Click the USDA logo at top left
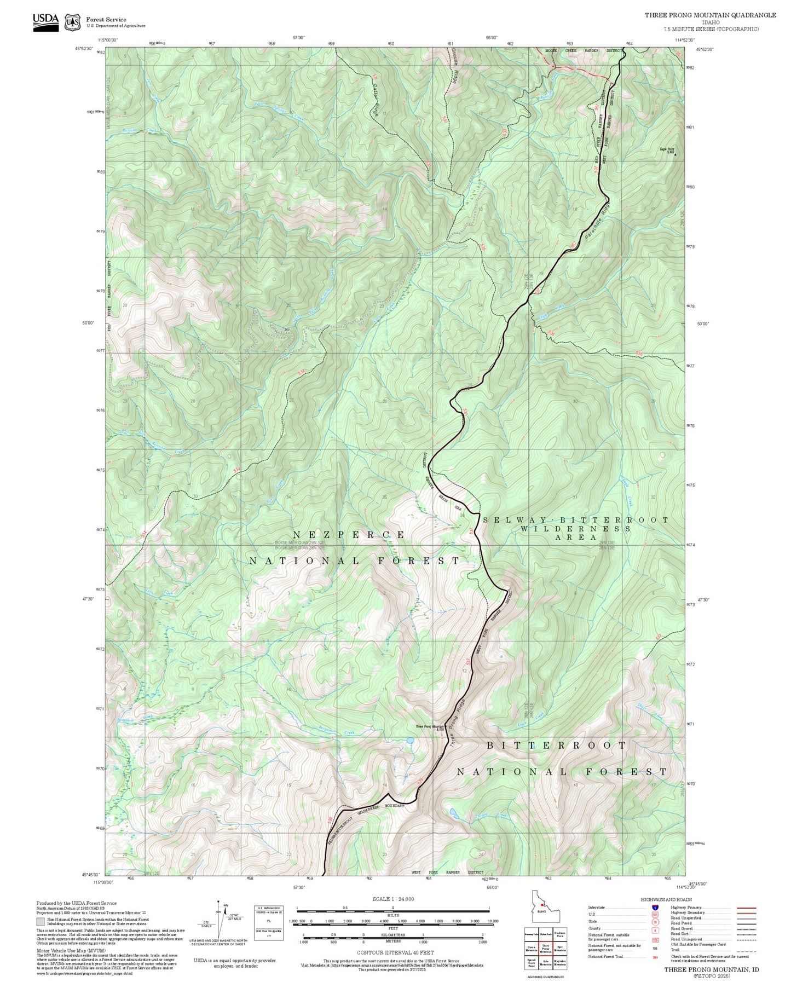point(45,21)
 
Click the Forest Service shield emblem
point(72,22)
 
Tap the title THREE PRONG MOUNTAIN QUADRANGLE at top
point(710,15)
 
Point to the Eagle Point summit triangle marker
point(675,155)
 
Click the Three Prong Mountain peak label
point(430,727)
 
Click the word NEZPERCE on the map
point(349,535)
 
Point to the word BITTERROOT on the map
point(556,746)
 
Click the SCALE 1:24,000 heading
point(392,899)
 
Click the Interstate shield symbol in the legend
point(655,907)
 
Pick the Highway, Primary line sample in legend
point(747,908)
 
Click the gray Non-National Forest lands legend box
point(41,921)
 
